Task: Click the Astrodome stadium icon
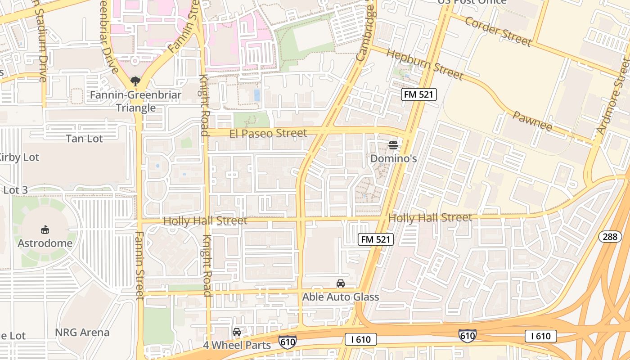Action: tap(45, 230)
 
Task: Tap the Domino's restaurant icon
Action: tap(393, 145)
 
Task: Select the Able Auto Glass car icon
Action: tap(341, 283)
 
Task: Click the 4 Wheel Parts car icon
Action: tap(237, 332)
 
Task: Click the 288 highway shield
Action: tap(610, 237)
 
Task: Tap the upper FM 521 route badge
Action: tap(419, 94)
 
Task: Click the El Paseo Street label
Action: tap(268, 133)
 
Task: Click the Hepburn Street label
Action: tap(424, 64)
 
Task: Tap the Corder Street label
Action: tap(498, 31)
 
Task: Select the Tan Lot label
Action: tap(85, 139)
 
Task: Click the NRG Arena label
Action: tap(82, 333)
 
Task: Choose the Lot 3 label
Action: tap(15, 190)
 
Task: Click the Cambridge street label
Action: tap(365, 32)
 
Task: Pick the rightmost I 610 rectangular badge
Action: tap(540, 336)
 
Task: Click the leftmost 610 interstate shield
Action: tap(287, 342)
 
